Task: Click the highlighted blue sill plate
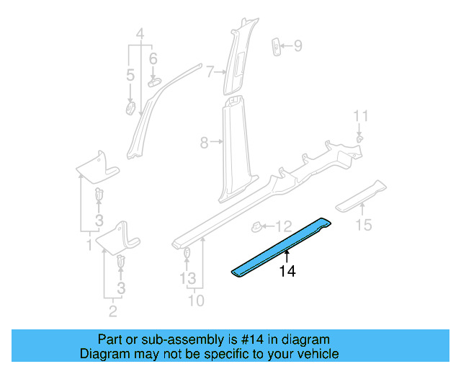[281, 245]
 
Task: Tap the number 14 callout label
[287, 272]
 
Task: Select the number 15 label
[364, 226]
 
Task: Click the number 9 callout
[297, 47]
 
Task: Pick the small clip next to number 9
[277, 46]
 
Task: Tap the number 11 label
[361, 115]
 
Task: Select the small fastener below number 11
[360, 135]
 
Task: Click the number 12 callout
[284, 226]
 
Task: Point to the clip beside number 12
[257, 227]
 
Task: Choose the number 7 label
[210, 71]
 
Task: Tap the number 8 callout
[204, 143]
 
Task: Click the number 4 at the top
[140, 32]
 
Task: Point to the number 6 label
[153, 58]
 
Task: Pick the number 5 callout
[130, 75]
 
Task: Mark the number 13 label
[187, 278]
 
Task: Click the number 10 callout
[196, 300]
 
